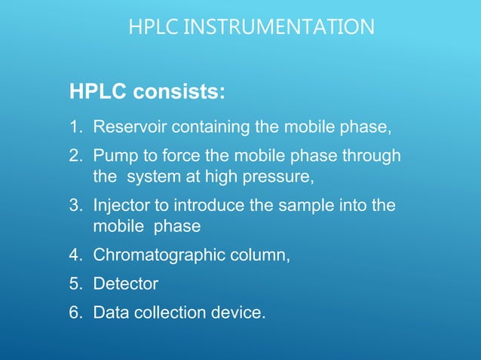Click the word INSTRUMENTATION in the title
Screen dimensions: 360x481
pos(280,28)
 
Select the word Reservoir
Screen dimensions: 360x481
pos(125,127)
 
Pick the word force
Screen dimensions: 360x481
pos(167,157)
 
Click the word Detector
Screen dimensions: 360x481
pos(125,284)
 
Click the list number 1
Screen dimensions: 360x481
pos(74,127)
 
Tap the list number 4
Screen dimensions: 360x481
pos(74,255)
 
